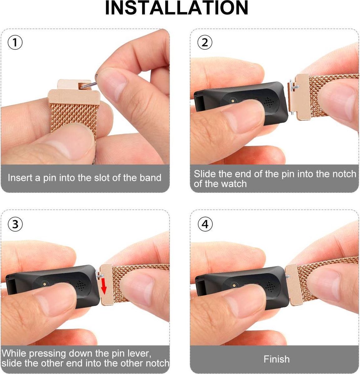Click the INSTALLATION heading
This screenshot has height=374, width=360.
click(x=177, y=8)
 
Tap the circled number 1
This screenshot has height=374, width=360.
click(x=15, y=43)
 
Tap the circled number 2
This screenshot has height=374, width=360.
click(x=205, y=42)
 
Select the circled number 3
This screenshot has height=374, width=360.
click(x=15, y=224)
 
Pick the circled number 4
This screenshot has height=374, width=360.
click(x=205, y=224)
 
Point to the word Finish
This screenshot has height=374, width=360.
click(x=276, y=359)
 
